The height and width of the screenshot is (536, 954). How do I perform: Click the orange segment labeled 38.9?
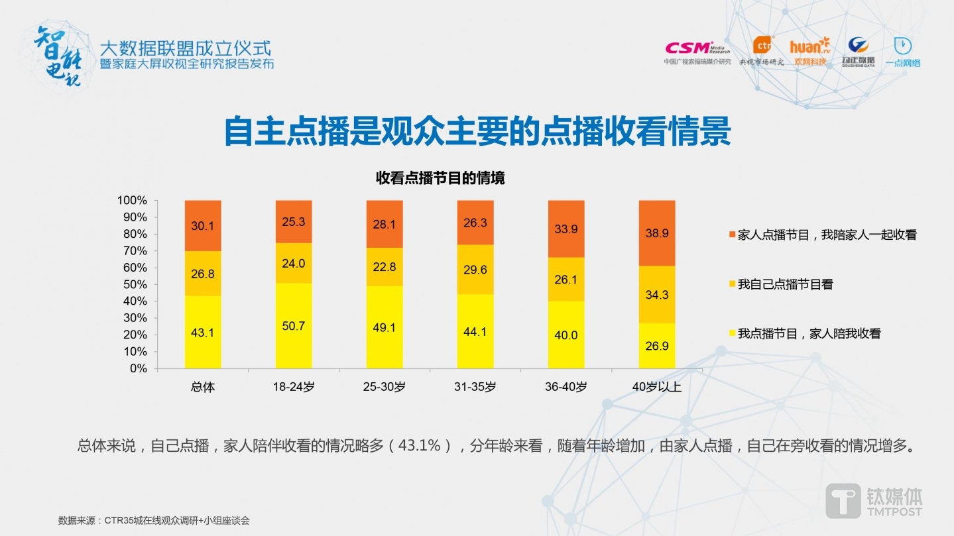(656, 233)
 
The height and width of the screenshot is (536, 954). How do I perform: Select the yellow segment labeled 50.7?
(293, 325)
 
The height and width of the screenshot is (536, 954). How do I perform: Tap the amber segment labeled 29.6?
(475, 269)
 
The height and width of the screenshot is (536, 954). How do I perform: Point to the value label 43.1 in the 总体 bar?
(202, 333)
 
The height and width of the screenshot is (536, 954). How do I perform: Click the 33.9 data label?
(566, 229)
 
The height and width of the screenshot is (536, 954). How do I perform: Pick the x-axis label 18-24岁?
(293, 387)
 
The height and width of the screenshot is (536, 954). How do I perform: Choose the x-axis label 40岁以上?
(656, 387)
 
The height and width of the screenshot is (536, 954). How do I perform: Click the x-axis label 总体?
(202, 387)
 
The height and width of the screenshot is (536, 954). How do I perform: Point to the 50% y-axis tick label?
(135, 284)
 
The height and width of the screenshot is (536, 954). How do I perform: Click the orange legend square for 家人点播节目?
(732, 235)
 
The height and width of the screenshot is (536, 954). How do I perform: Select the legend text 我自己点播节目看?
(785, 285)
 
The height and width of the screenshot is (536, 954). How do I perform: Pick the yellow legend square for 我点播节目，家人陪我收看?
(732, 334)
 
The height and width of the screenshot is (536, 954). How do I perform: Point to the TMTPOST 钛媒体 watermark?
(873, 500)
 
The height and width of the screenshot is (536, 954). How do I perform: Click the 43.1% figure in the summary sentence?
(419, 446)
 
